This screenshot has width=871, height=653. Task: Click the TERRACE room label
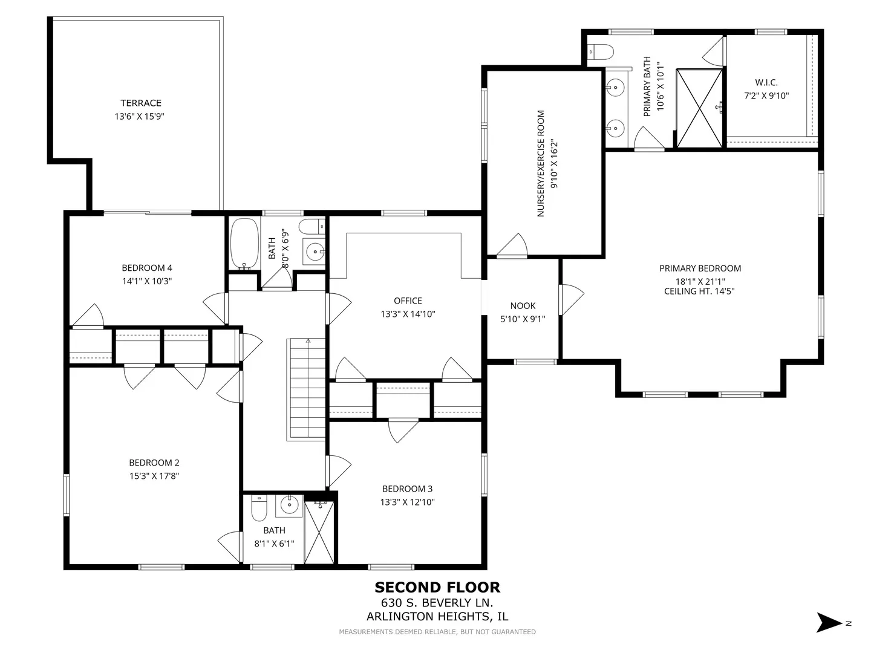click(x=141, y=103)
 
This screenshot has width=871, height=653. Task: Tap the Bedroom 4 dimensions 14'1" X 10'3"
click(x=147, y=281)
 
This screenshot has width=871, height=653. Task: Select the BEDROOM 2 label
click(x=154, y=463)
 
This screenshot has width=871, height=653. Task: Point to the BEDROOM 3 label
click(x=407, y=489)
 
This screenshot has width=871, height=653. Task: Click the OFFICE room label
click(x=408, y=301)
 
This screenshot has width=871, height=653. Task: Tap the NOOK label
click(x=523, y=306)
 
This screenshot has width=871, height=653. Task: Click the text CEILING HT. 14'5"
click(x=700, y=291)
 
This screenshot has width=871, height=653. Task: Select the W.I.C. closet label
click(x=766, y=82)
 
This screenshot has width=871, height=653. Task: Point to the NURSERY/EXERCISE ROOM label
click(x=541, y=163)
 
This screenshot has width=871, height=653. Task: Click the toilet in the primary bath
click(x=601, y=51)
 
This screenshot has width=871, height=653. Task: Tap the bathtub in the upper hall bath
click(x=245, y=244)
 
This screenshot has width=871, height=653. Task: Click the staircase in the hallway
click(x=306, y=389)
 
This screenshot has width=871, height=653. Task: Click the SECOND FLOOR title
click(x=437, y=587)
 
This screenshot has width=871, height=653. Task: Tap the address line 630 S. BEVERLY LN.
click(x=437, y=603)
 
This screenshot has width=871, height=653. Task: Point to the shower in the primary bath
click(x=700, y=108)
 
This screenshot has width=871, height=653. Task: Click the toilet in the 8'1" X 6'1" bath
click(x=259, y=508)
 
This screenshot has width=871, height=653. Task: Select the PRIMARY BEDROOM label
click(x=700, y=268)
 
